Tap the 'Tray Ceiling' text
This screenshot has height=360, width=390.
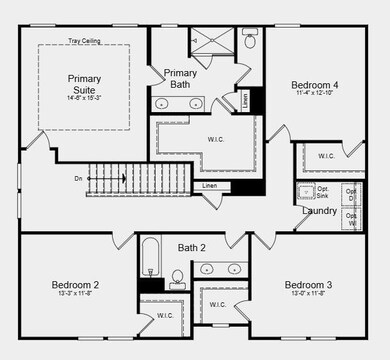click(x=84, y=41)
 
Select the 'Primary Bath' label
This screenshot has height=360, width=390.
click(x=180, y=78)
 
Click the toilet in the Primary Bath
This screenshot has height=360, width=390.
click(x=249, y=42)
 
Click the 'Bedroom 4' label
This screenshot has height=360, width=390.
click(x=315, y=85)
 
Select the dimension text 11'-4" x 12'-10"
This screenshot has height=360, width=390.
click(x=315, y=94)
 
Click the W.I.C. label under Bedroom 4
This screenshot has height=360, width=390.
click(x=326, y=156)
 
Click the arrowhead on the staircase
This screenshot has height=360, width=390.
click(x=123, y=179)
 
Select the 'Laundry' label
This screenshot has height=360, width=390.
click(x=319, y=211)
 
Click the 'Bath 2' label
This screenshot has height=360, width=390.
click(x=191, y=247)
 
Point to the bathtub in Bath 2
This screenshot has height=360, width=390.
click(x=151, y=258)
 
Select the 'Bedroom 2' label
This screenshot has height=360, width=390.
click(x=75, y=285)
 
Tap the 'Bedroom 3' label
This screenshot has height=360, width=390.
click(x=307, y=285)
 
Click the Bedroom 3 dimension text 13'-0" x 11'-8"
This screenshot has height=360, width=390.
click(x=307, y=294)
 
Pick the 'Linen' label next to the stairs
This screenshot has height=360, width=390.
click(x=209, y=186)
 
